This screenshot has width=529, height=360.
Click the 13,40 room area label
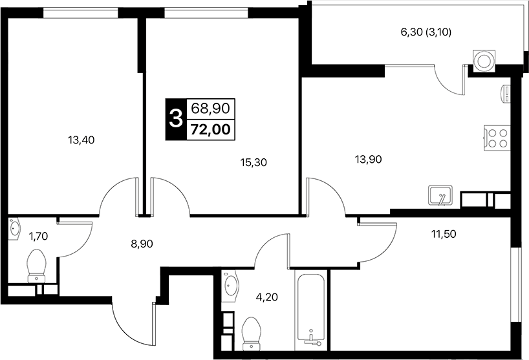[x=81, y=140]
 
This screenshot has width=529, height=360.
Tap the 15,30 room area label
[x=254, y=163]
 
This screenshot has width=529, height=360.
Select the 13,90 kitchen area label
[x=369, y=160]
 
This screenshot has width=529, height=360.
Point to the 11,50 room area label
[x=444, y=233]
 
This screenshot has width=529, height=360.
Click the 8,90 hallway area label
[x=142, y=244]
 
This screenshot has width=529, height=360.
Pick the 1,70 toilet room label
[x=38, y=237]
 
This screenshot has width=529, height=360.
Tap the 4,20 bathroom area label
[x=267, y=297]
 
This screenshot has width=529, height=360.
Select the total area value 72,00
[x=211, y=129]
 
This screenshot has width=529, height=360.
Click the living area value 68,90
[x=211, y=108]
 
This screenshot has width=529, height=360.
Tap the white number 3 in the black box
[x=176, y=119]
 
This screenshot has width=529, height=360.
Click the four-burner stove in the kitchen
[x=497, y=138]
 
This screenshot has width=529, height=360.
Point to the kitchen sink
[x=440, y=195]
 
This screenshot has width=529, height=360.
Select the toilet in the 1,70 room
[x=36, y=266]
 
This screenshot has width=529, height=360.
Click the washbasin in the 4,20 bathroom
[x=230, y=286]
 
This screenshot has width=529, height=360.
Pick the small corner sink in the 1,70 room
[x=14, y=229]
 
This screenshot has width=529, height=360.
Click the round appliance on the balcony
[x=484, y=61]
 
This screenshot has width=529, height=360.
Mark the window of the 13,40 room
[x=81, y=13]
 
